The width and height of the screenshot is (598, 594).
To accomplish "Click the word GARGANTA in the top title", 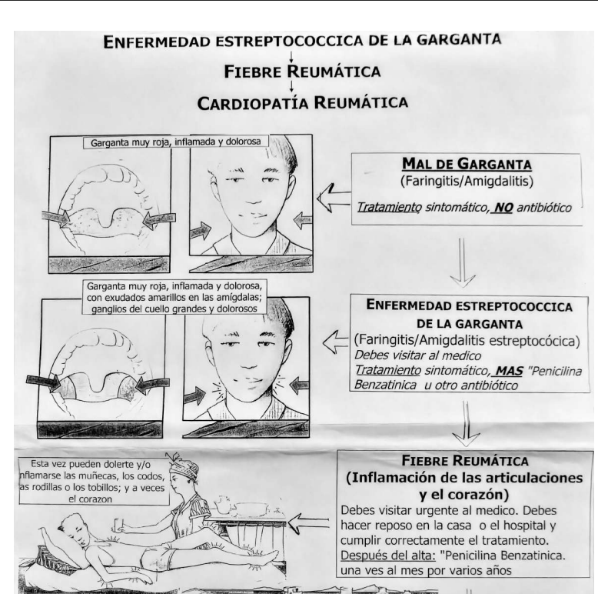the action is click(x=458, y=39).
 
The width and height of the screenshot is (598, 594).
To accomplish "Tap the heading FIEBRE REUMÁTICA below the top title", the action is click(x=302, y=72).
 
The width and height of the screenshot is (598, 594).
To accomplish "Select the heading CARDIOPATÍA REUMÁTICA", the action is click(x=302, y=102).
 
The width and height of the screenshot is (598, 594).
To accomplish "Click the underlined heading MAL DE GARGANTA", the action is click(x=467, y=164).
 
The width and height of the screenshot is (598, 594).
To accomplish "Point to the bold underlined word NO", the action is click(x=503, y=208).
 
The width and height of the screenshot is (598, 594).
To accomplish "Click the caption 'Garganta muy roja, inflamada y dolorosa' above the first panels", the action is click(x=176, y=142).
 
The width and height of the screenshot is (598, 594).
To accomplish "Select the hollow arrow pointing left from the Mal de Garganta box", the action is click(x=334, y=199).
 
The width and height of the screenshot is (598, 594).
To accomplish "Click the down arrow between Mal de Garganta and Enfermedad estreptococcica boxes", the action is click(x=462, y=262).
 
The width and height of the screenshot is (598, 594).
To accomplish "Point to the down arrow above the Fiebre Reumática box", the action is click(x=466, y=423).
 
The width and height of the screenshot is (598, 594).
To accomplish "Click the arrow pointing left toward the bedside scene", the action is click(x=308, y=524).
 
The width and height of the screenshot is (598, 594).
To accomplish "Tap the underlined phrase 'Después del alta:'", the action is click(x=388, y=555).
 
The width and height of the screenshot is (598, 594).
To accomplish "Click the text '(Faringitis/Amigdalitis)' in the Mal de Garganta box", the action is click(x=467, y=181).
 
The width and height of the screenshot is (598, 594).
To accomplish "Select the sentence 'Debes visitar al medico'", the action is click(x=417, y=355).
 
